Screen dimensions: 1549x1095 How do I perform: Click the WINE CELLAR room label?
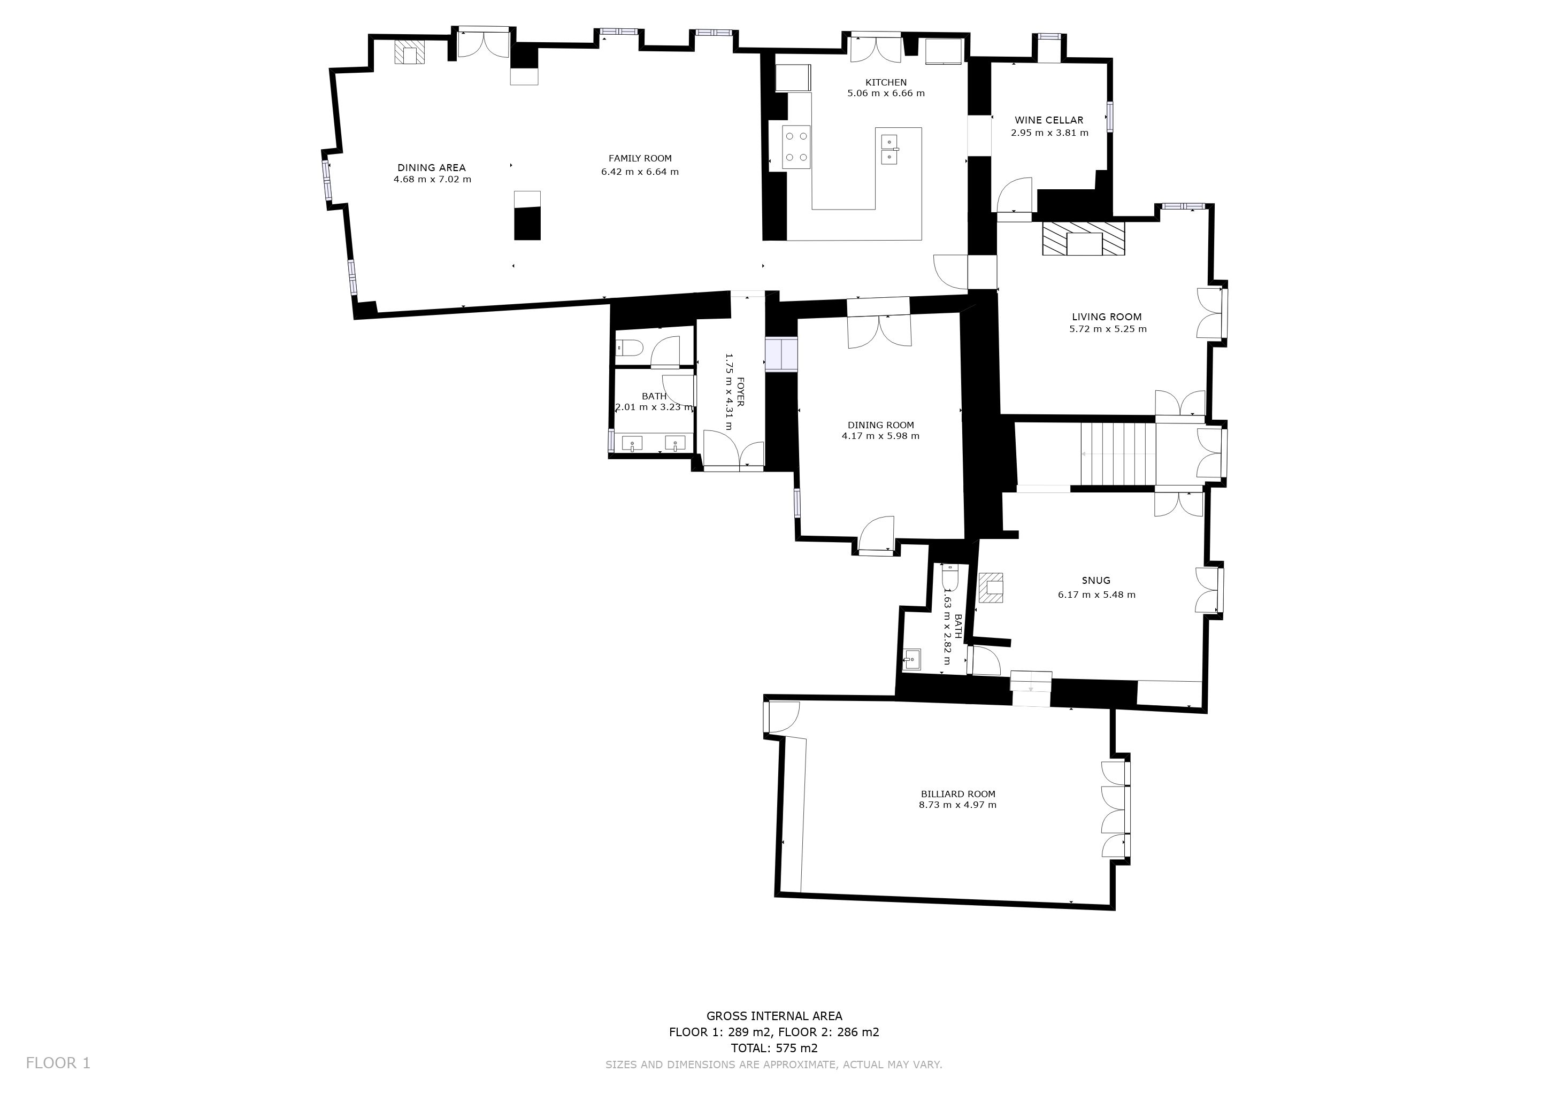[x=1049, y=120]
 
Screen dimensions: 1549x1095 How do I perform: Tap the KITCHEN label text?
[x=886, y=82]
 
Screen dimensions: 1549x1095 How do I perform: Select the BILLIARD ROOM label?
[x=958, y=795]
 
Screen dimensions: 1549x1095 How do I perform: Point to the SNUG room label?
[x=1095, y=581]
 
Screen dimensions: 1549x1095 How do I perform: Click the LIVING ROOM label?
[x=1107, y=317]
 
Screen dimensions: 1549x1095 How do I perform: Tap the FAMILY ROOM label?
[x=640, y=158]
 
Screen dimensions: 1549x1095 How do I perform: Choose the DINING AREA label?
[x=432, y=168]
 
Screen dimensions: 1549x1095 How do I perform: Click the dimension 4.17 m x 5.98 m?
[x=880, y=436]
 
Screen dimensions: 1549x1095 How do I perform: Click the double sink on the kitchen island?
[x=891, y=150]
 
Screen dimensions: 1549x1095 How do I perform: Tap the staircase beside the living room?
[x=1118, y=454]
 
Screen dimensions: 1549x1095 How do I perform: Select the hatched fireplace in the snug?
[x=991, y=587]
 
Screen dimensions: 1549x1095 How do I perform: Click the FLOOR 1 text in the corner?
[x=58, y=1063]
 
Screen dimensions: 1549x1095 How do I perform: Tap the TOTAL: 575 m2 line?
[x=774, y=1048]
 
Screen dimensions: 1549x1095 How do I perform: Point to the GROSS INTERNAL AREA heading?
[x=774, y=1016]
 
